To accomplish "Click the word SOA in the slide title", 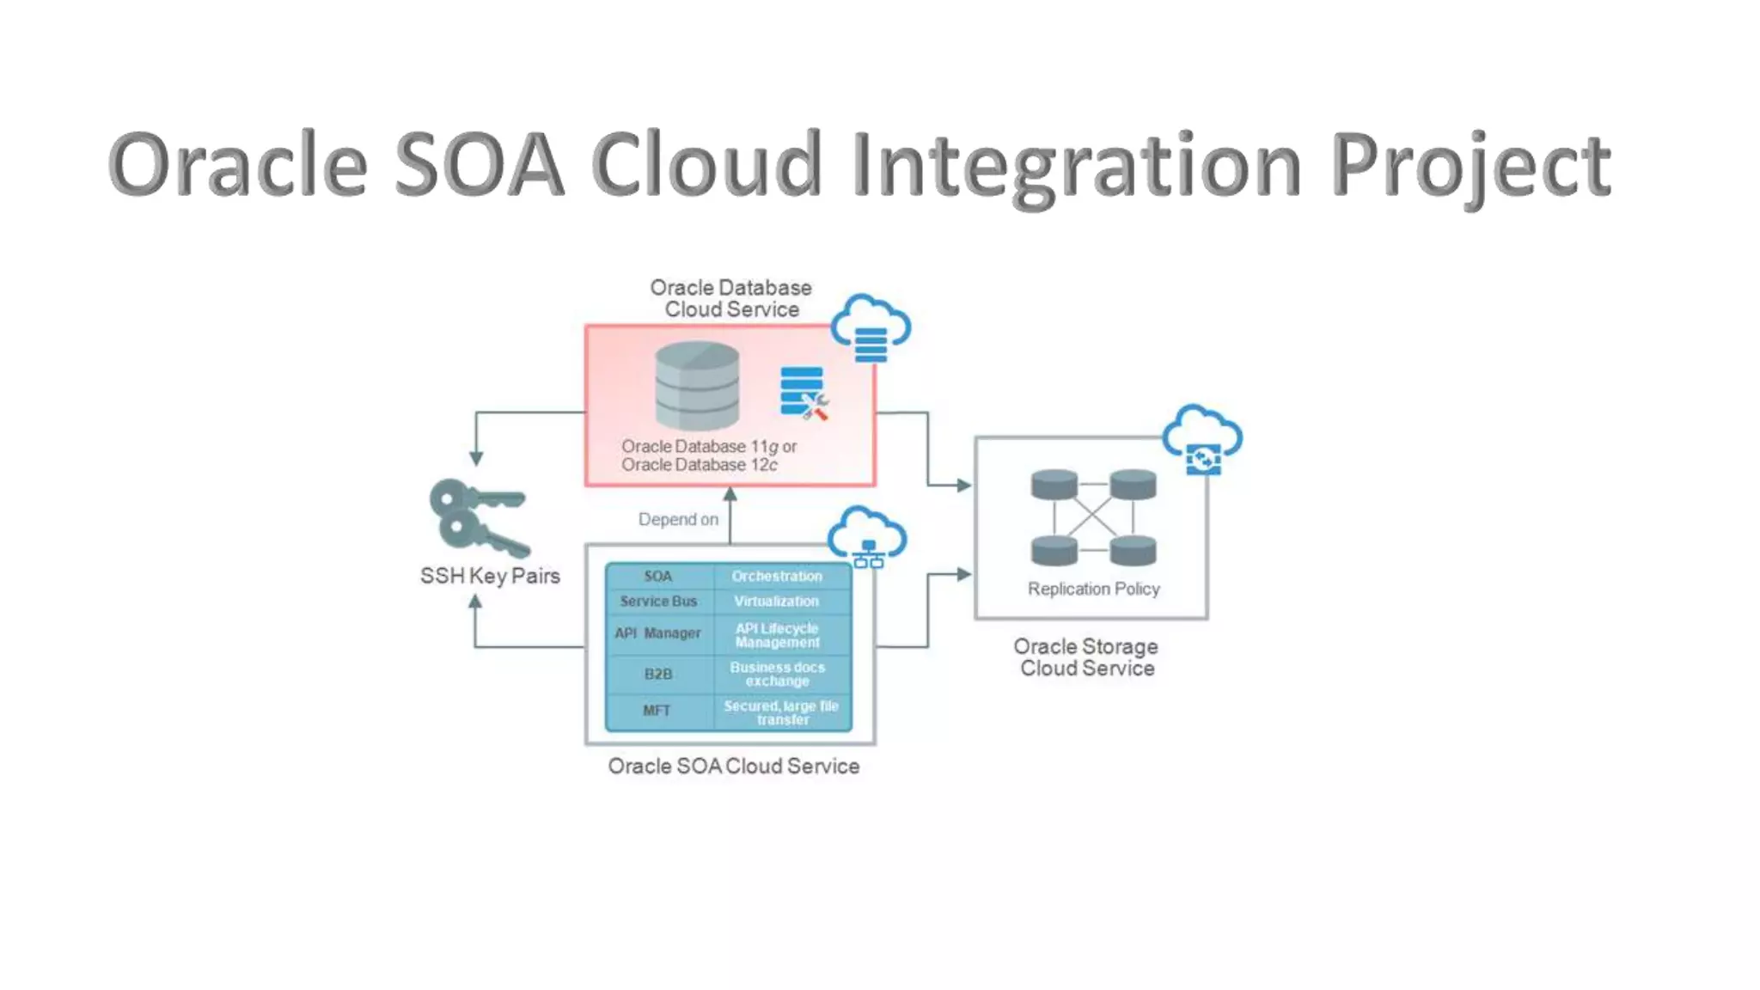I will coord(479,165).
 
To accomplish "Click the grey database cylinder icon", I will coord(697,386).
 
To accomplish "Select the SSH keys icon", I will coord(478,517).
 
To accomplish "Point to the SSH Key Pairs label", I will coord(490,576).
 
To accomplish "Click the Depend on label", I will coord(678,519).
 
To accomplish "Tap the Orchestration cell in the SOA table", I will coord(777,576).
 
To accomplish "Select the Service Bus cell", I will coord(658,602).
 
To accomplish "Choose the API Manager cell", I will coord(658,633).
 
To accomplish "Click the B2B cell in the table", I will coord(658,674).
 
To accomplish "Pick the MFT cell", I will coord(657,711).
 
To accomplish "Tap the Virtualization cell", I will coord(777,602).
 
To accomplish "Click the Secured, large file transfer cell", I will coord(781,712).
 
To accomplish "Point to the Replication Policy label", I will coord(1093,589).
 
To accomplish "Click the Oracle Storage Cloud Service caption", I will coord(1086,657).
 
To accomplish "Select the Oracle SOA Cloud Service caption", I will coord(733,766).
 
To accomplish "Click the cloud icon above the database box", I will coord(871,328).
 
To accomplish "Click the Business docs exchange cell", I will coord(778,674).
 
